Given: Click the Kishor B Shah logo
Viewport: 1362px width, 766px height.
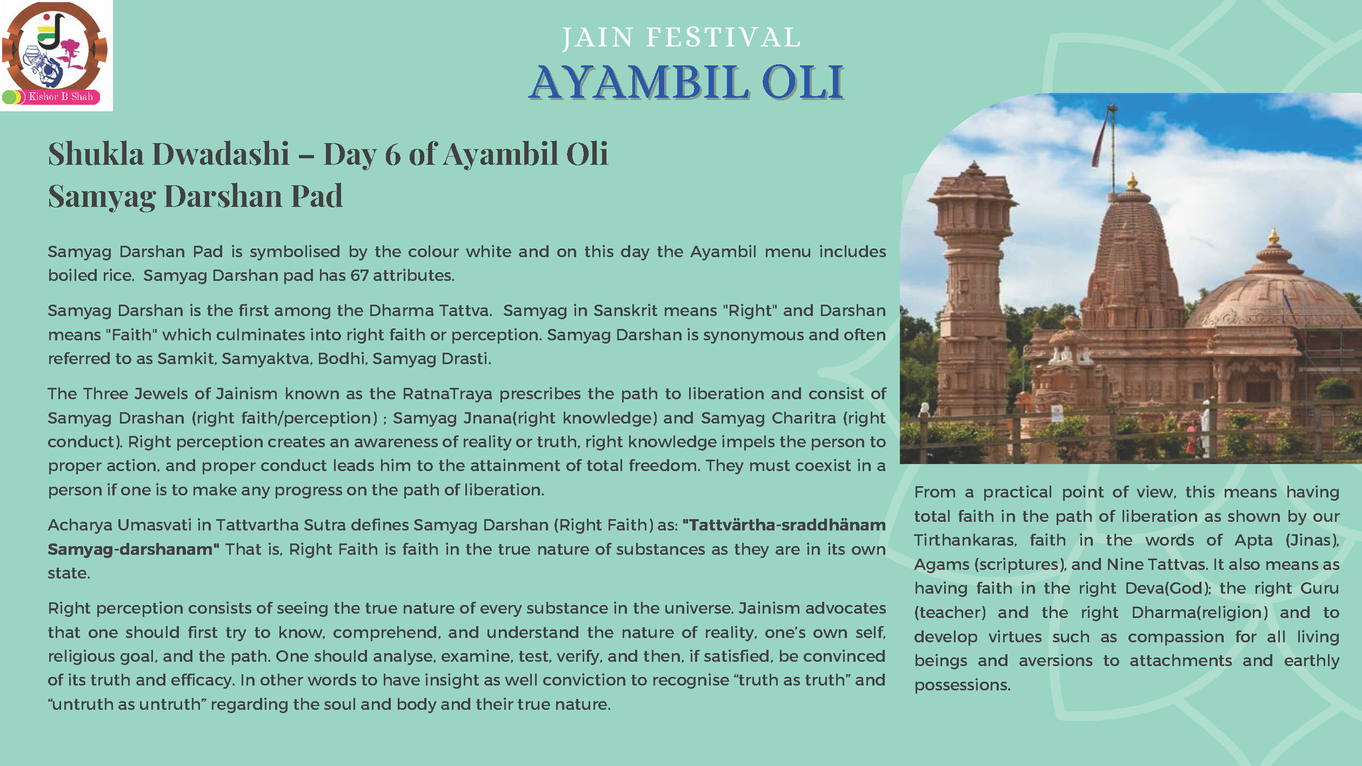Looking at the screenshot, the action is pos(56,55).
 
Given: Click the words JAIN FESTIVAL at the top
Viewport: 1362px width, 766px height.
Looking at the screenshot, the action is pos(682,38).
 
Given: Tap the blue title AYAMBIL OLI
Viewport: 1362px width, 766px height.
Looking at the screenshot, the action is pos(686,82).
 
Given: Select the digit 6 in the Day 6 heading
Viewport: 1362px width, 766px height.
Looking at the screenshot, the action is pos(392,154).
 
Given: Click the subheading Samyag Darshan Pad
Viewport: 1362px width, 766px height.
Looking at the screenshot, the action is pos(195,196).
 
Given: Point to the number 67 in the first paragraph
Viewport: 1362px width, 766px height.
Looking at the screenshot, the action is pos(359,276).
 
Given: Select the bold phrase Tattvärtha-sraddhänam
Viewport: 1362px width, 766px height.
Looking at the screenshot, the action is pos(784,525).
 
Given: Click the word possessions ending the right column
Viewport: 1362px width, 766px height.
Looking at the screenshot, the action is pos(962,685).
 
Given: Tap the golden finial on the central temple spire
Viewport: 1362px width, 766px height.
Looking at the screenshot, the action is pos(1131,181).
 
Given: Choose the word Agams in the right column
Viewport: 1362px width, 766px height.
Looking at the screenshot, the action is pos(942,565).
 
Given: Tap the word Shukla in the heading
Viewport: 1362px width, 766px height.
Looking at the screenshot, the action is pos(96,154).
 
